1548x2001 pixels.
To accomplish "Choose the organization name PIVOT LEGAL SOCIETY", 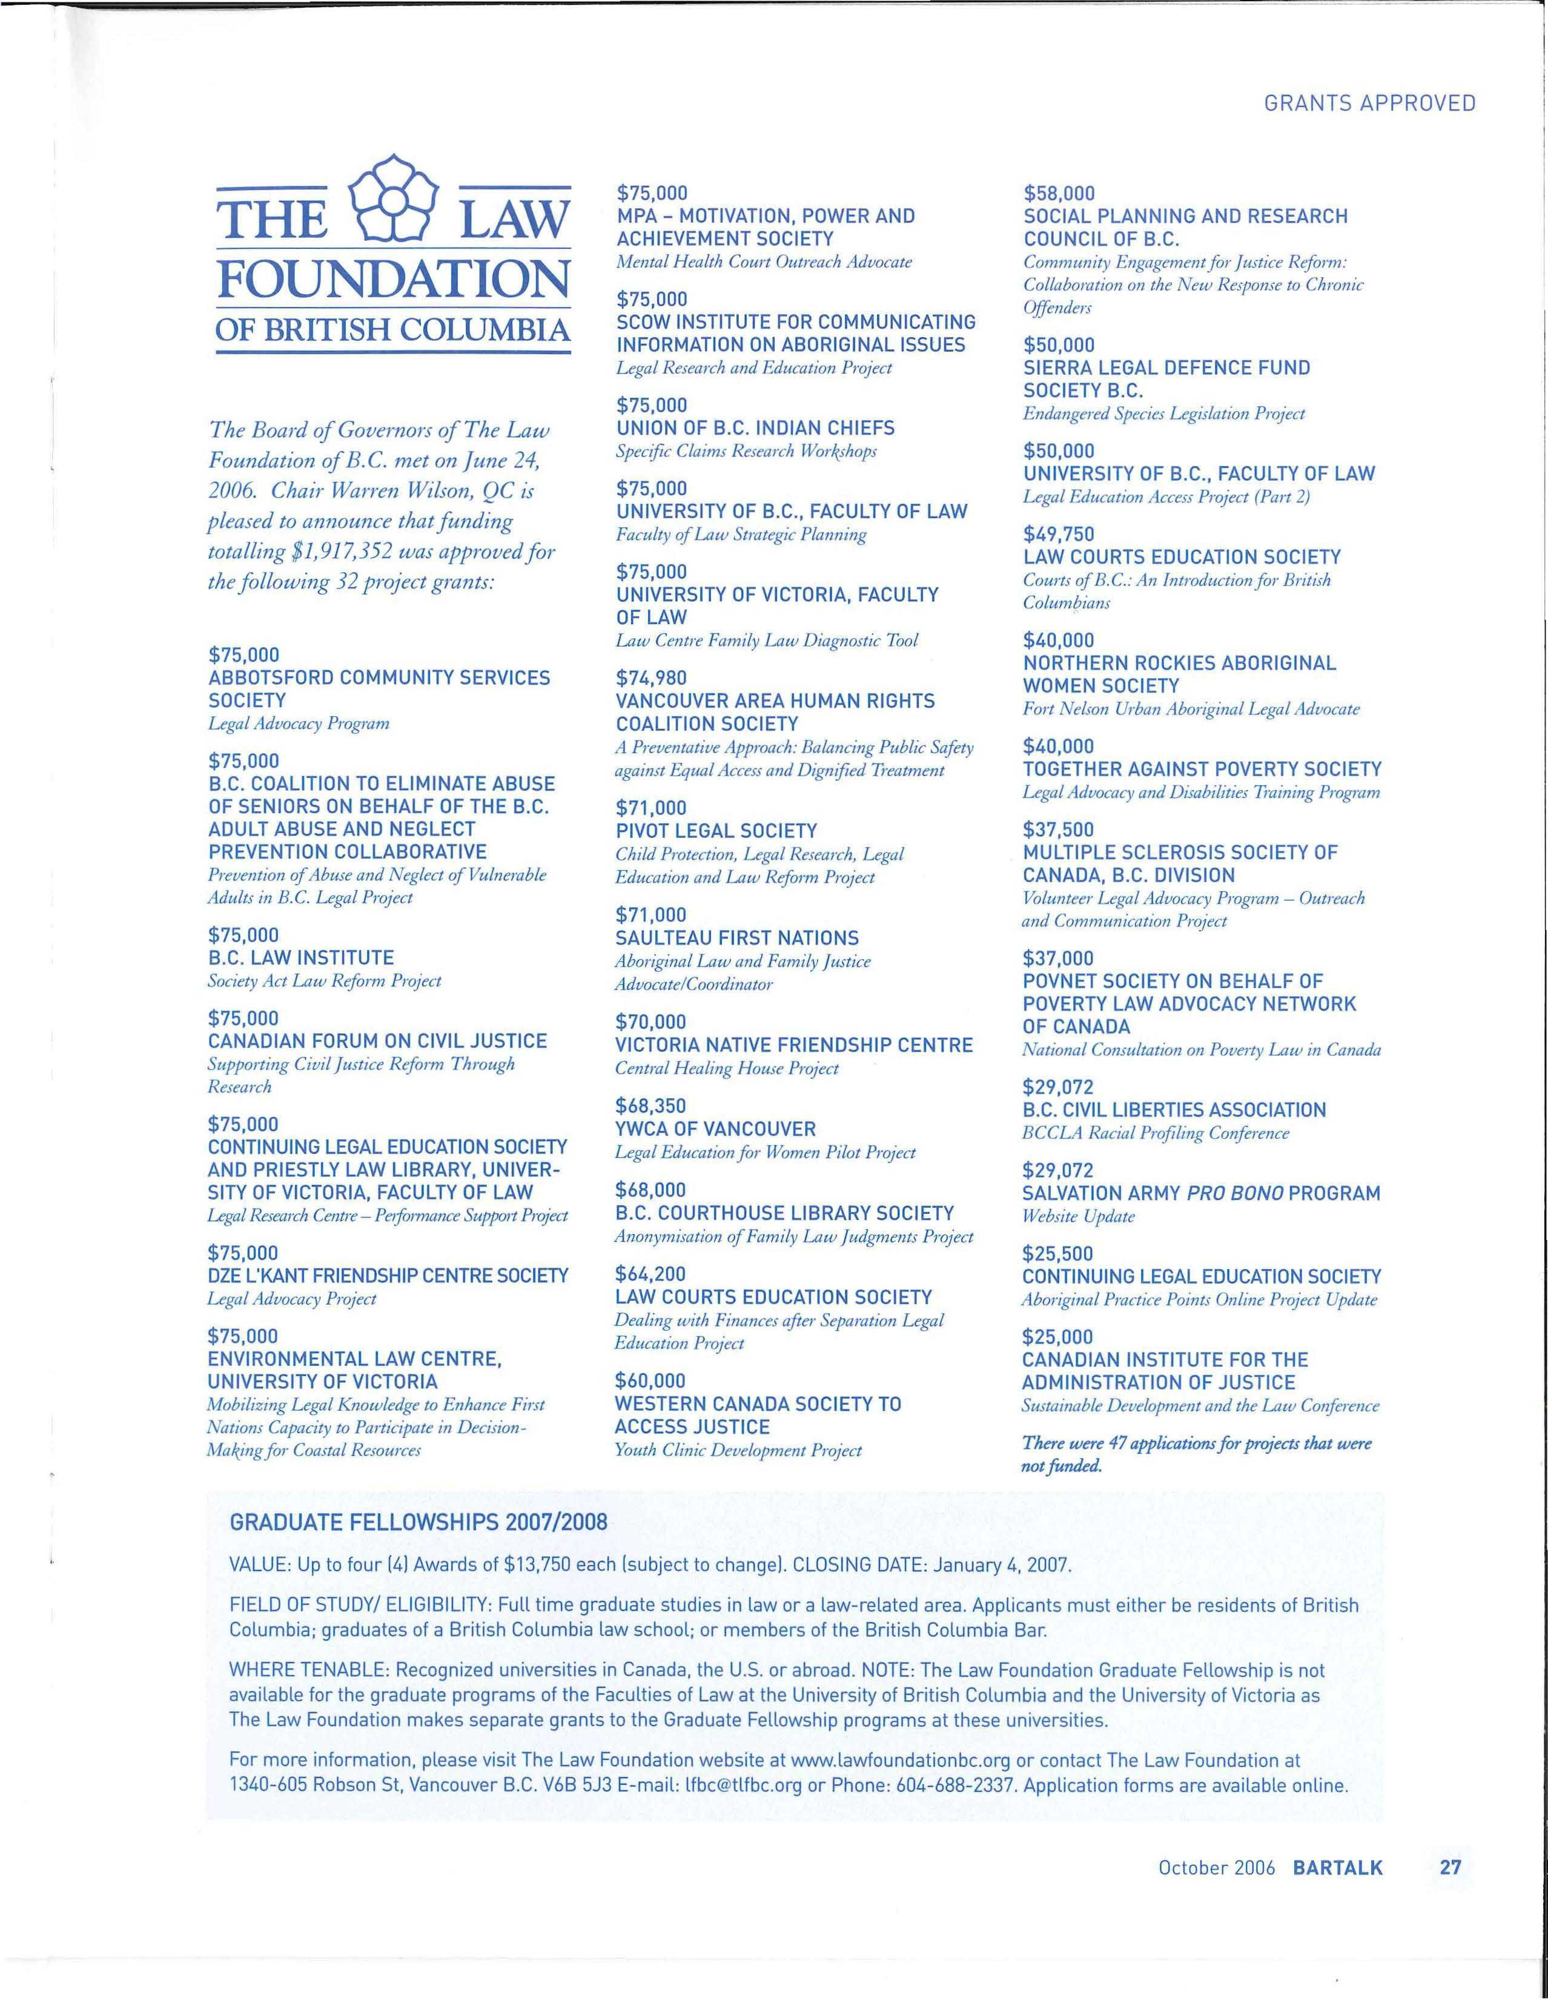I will [716, 831].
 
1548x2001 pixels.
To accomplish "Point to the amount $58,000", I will [1059, 193].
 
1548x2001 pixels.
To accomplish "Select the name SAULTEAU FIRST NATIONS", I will [737, 938].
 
